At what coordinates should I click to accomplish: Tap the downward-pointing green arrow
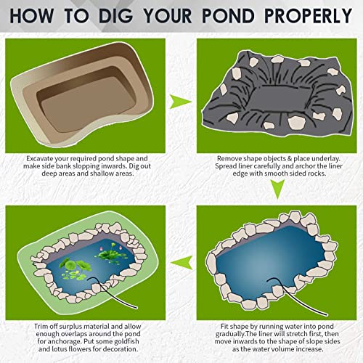pyautogui.click(x=276, y=189)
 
